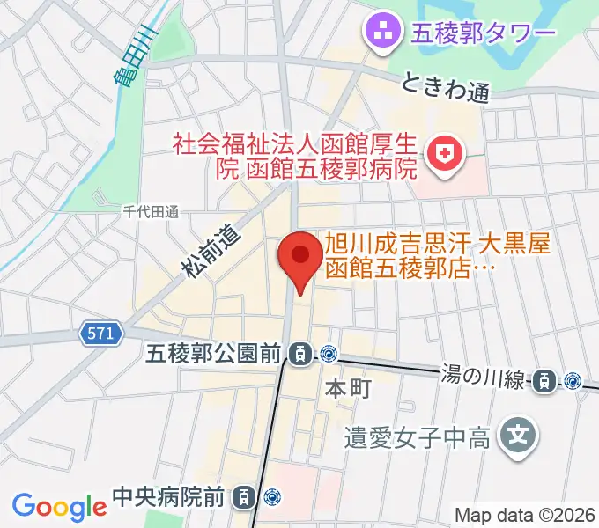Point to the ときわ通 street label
(x=445, y=87)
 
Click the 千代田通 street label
(x=150, y=211)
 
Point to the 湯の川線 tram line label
(x=483, y=379)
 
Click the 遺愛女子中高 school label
(x=418, y=436)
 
